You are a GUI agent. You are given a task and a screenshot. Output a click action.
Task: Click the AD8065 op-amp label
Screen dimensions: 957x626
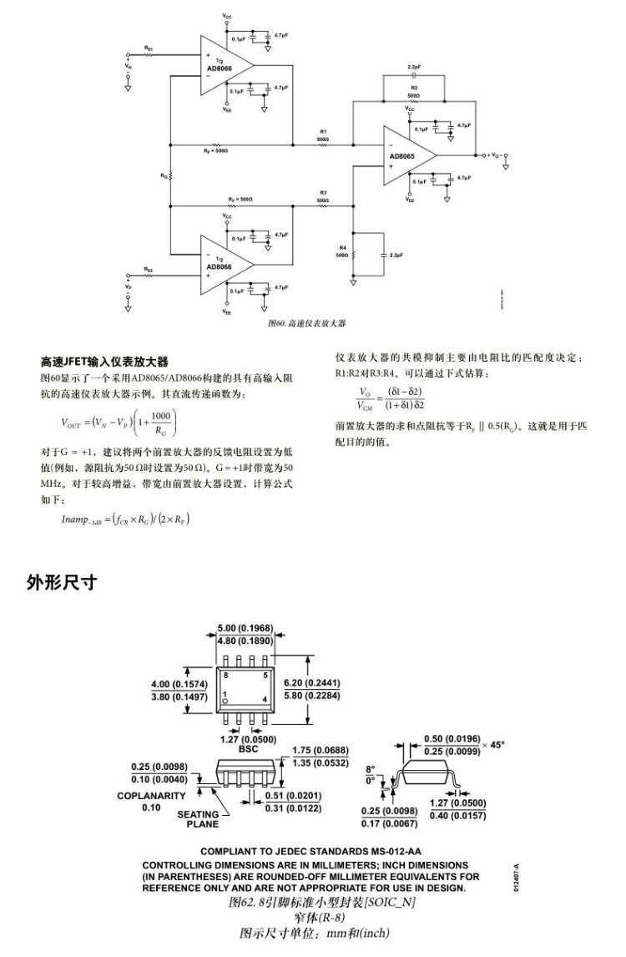point(402,155)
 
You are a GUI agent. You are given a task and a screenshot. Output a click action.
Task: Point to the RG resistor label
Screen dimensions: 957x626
point(164,176)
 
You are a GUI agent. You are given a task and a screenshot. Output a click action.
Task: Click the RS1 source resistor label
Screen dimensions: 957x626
point(149,49)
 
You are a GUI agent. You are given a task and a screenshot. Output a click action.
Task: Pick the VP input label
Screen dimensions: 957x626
point(129,286)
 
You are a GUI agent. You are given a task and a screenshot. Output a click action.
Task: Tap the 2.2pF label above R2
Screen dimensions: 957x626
point(413,67)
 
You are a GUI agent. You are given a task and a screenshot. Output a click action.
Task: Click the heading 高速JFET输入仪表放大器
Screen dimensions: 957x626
point(105,362)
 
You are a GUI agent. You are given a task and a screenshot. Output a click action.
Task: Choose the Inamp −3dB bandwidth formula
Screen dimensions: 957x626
point(125,519)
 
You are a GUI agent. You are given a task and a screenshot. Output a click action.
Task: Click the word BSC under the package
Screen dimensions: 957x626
point(248,749)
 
